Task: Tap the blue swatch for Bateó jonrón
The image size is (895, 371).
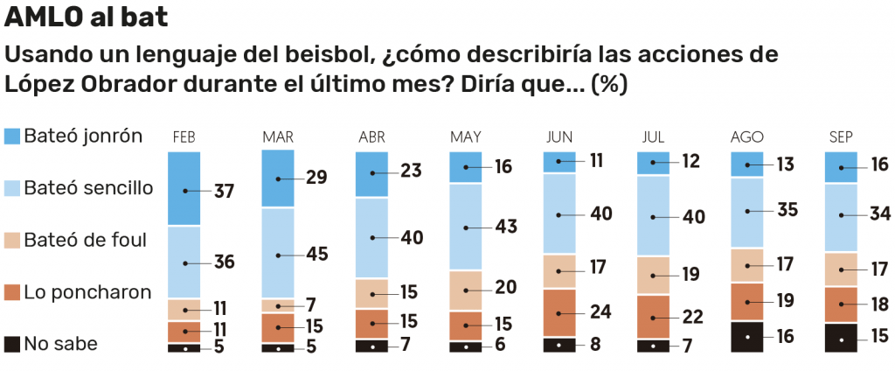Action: (x=12, y=136)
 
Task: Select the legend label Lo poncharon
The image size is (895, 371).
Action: (x=88, y=291)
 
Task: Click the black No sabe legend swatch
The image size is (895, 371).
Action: (x=12, y=343)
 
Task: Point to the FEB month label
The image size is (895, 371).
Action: (x=184, y=137)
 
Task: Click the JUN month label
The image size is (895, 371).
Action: (x=559, y=137)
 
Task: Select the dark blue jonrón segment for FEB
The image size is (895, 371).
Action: (x=184, y=188)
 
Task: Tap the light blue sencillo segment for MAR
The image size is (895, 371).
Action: (x=278, y=254)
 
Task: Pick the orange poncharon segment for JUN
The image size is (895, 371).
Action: (x=559, y=312)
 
